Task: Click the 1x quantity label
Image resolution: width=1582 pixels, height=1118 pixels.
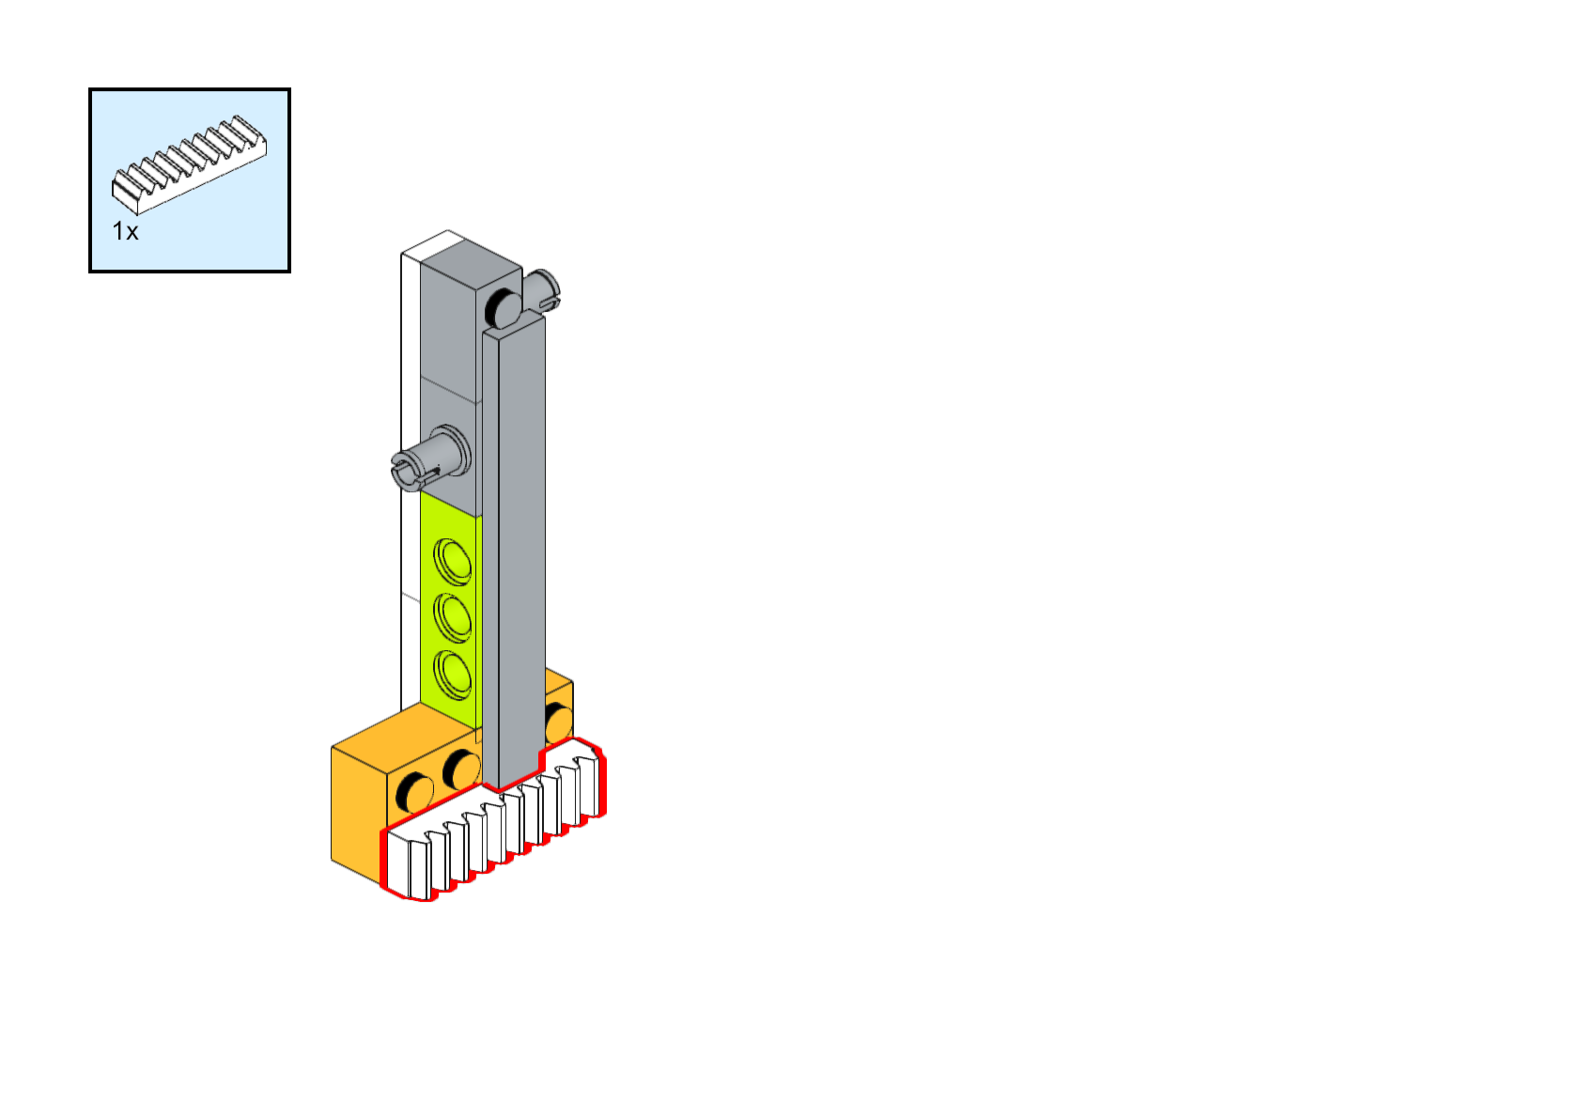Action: (125, 231)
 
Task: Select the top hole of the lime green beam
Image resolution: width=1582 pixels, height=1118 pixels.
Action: (453, 561)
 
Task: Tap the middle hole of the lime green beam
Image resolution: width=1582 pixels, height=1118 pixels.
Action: (453, 617)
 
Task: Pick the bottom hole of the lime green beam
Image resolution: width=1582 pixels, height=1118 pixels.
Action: (453, 675)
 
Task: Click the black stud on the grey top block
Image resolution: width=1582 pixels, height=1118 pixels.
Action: (503, 308)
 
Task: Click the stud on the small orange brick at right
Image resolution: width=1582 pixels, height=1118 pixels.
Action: (558, 722)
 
